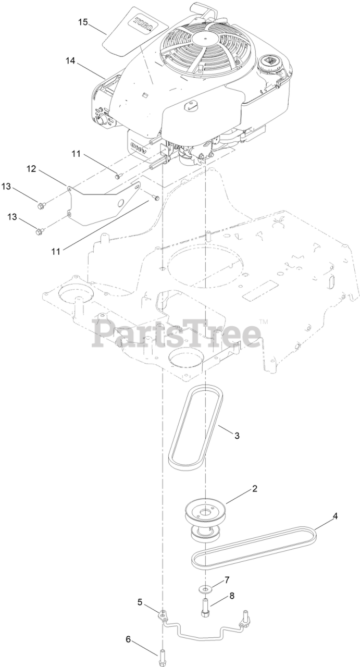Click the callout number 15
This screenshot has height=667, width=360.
(x=83, y=22)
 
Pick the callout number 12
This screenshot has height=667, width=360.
(x=32, y=168)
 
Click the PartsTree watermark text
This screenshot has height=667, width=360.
(x=177, y=333)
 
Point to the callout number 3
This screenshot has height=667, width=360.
(x=237, y=436)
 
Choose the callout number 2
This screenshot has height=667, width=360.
(x=255, y=489)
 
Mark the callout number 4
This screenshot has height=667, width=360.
(x=336, y=516)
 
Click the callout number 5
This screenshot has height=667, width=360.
(x=140, y=602)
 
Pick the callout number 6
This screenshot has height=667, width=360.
(x=128, y=639)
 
